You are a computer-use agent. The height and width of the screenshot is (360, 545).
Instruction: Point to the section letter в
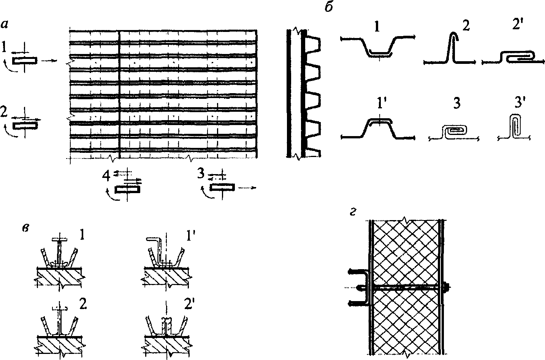point(26,230)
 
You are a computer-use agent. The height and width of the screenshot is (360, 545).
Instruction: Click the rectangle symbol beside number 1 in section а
point(25,60)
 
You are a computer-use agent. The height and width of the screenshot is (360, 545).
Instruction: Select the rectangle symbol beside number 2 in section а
point(25,126)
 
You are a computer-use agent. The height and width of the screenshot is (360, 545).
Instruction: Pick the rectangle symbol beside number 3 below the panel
point(222,187)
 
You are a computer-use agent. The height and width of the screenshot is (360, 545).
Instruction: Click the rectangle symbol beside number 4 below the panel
point(127,189)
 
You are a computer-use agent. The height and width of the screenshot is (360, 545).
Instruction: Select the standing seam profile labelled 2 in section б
point(452,49)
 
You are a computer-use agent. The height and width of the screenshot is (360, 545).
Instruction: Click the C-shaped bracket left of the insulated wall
point(363,287)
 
